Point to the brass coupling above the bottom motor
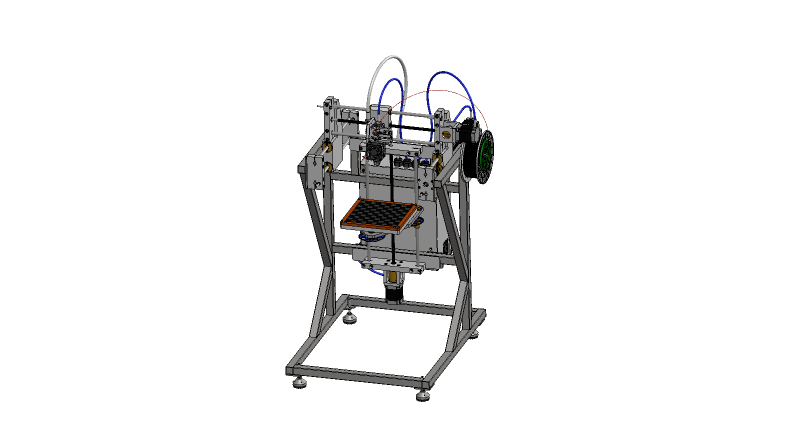point(392,276)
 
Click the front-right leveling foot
point(423,396)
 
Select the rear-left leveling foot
point(349,318)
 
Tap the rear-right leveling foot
point(473,333)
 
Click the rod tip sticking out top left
point(319,106)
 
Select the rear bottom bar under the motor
point(415,306)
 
